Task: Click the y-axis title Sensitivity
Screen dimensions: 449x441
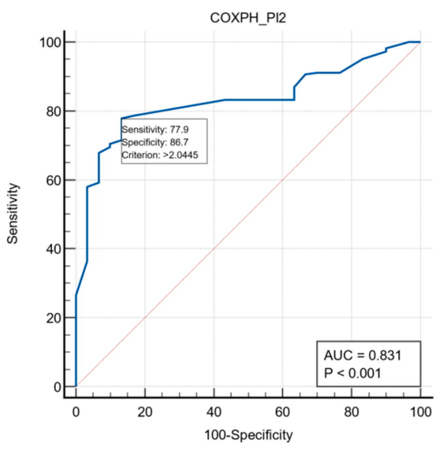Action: click(13, 213)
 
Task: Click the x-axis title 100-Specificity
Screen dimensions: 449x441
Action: click(248, 435)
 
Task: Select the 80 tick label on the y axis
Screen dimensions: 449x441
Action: click(54, 111)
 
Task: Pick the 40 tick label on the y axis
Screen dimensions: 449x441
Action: click(54, 249)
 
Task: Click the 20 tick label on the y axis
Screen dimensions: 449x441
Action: click(54, 318)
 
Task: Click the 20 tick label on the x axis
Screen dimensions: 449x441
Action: click(145, 412)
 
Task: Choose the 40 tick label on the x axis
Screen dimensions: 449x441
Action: click(214, 412)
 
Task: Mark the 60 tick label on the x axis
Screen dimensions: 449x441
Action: click(282, 412)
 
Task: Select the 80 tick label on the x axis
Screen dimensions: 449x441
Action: click(352, 412)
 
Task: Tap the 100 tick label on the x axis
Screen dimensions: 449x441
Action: click(420, 412)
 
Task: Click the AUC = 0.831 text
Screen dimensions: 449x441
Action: click(362, 355)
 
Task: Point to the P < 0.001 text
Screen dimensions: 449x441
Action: click(352, 373)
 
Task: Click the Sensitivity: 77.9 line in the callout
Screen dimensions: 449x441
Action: click(155, 130)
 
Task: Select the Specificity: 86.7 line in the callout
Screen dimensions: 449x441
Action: click(155, 142)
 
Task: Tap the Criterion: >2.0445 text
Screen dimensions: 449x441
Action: click(160, 155)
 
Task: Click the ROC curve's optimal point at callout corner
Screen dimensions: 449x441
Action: click(121, 118)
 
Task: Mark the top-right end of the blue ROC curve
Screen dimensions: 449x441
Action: click(420, 42)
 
